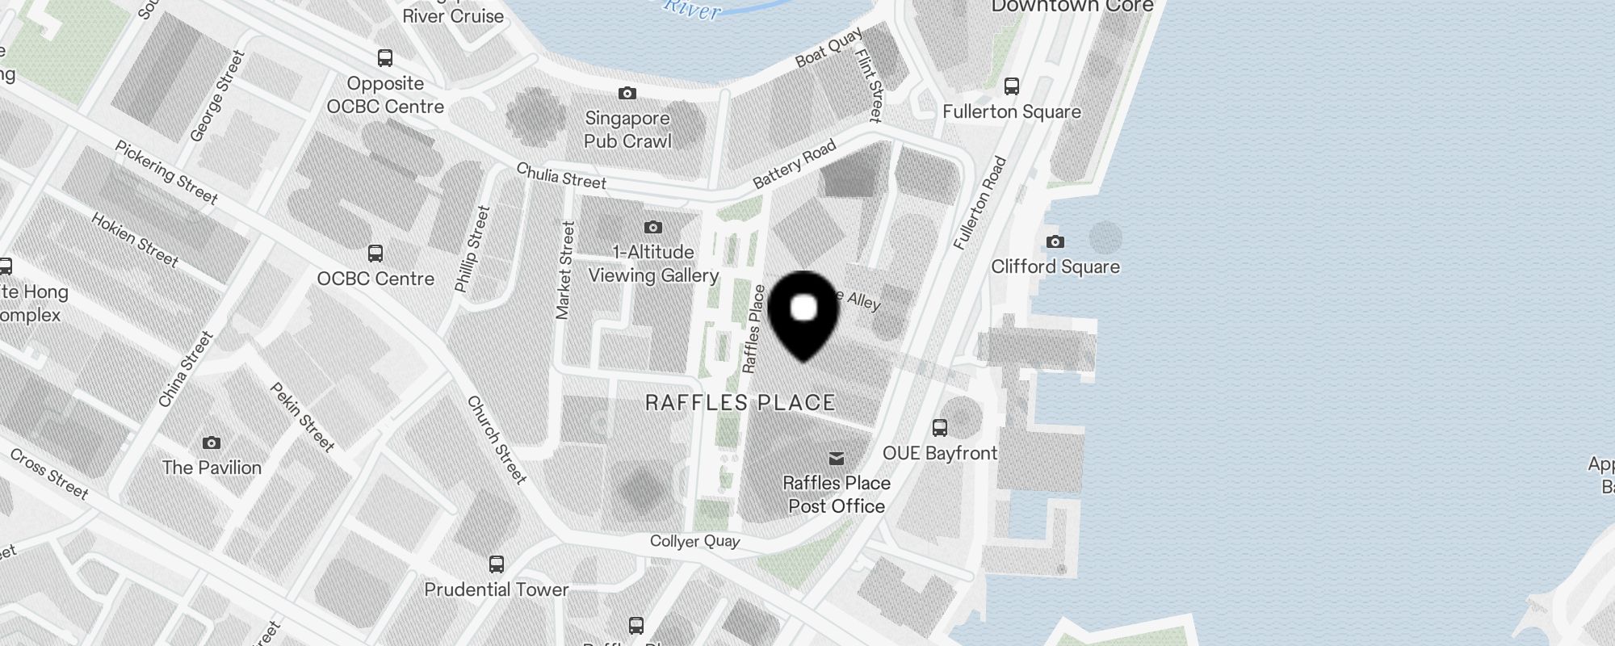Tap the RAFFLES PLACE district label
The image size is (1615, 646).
tap(740, 403)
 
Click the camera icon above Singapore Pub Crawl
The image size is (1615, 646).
tap(627, 94)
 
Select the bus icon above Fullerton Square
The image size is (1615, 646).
tap(1012, 86)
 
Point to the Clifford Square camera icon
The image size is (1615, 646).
tap(1055, 241)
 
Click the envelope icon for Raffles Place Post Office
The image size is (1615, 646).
tap(837, 459)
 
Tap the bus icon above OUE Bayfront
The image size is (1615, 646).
tap(940, 428)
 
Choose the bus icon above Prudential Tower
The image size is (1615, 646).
tap(497, 564)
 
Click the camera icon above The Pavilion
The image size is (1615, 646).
tap(212, 443)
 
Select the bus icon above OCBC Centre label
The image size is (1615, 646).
tap(375, 254)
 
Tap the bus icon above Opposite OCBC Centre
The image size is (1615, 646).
tap(385, 58)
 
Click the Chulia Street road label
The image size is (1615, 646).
tap(561, 176)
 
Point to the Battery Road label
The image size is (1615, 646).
tap(794, 165)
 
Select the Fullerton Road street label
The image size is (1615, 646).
tap(979, 203)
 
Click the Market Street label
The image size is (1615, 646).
tap(565, 271)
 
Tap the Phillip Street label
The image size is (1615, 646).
tap(472, 249)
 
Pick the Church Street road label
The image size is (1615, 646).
tap(497, 439)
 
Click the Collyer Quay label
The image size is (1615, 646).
tap(695, 541)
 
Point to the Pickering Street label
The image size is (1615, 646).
tap(166, 172)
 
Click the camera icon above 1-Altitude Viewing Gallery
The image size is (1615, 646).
tap(653, 228)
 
